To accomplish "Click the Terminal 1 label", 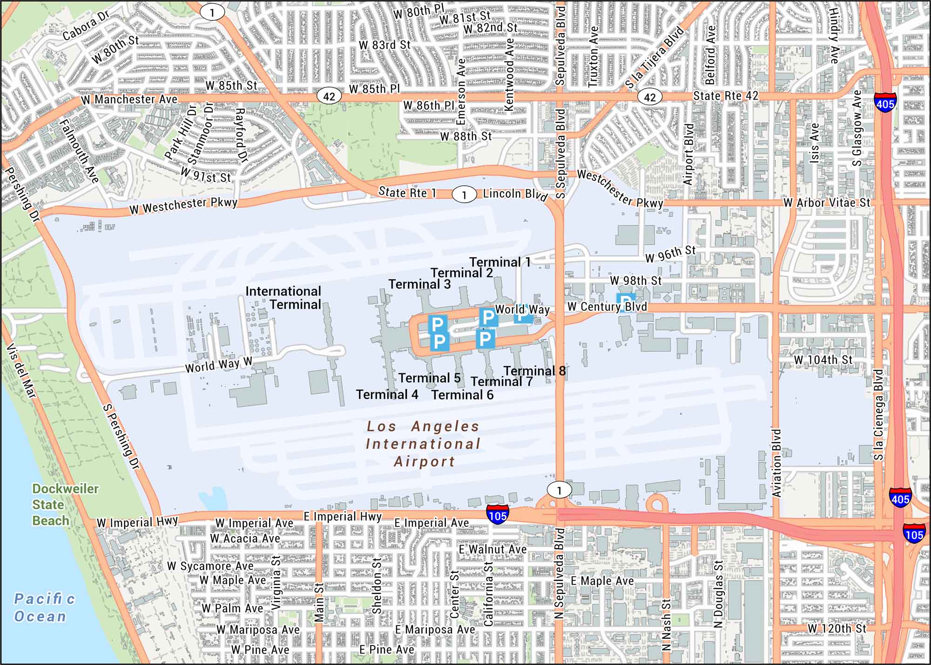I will pos(499,262).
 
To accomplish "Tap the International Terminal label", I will pos(283,298).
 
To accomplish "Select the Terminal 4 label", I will pos(387,395).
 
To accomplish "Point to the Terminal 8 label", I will pos(534,371).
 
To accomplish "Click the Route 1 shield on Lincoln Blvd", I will pos(464,195).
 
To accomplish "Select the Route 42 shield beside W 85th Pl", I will pos(329,96).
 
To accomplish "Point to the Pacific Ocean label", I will pos(44,607).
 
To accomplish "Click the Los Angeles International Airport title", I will pos(423,443).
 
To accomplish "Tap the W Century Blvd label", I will pos(607,307).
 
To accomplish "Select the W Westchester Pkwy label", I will pos(183,206).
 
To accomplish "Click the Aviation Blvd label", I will pos(776,463).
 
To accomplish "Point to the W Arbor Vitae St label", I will pos(826,203).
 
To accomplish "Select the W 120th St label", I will pos(837,628).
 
